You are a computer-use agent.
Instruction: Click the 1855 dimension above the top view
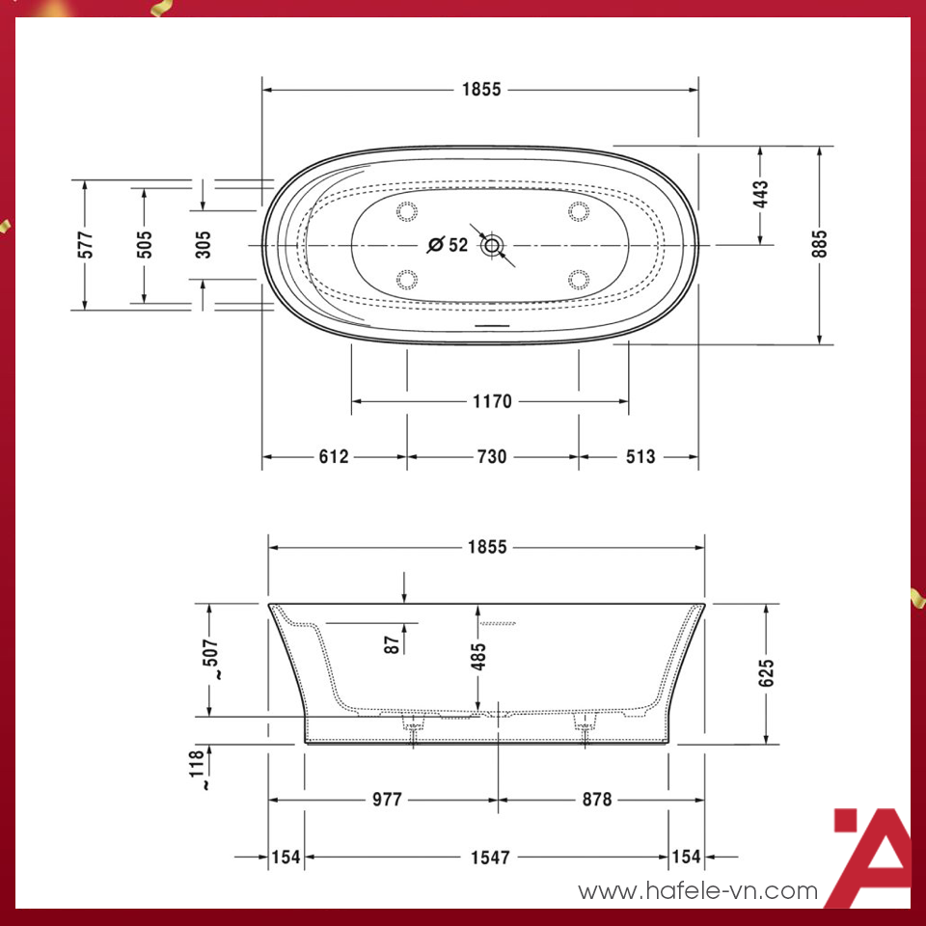pos(481,90)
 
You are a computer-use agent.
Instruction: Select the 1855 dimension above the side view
pos(487,548)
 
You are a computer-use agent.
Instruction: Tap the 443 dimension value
pos(761,195)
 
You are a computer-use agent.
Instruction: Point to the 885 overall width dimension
pos(819,245)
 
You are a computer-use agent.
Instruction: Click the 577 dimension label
pos(85,244)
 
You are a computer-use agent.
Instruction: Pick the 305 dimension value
pos(203,244)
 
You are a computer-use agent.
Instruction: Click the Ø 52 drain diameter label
pos(448,245)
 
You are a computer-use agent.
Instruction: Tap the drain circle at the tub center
pos(493,245)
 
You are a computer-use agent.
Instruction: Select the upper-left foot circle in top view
pos(406,210)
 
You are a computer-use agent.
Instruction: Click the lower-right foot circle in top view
pos(579,280)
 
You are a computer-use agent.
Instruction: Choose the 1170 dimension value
pos(491,401)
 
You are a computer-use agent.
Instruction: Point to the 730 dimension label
pos(491,457)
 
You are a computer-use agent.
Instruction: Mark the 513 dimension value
pos(639,457)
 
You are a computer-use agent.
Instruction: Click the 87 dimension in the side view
pos(392,642)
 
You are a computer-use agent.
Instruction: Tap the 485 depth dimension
pos(478,657)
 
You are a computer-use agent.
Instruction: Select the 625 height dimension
pos(766,673)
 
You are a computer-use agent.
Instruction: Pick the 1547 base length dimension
pos(489,857)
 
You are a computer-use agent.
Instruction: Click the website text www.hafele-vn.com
pos(697,892)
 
